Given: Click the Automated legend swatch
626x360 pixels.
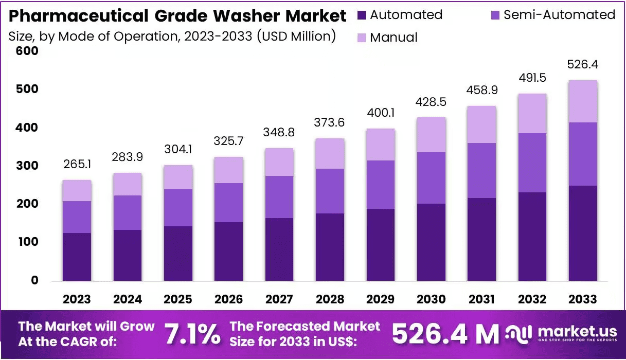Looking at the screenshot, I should click(x=362, y=15).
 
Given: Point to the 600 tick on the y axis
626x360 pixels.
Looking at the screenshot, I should click(x=28, y=51).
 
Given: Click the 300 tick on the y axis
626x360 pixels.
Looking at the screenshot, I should click(x=28, y=166).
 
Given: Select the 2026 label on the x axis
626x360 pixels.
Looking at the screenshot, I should click(x=228, y=299).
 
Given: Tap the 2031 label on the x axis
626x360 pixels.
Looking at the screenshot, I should click(x=481, y=299).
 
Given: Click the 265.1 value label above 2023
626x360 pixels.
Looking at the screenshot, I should click(x=77, y=164).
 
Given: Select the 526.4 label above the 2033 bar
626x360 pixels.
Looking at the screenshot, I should click(x=582, y=65).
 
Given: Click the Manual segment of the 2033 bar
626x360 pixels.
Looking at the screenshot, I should click(x=583, y=101).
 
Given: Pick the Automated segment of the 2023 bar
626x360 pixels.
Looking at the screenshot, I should click(x=77, y=257).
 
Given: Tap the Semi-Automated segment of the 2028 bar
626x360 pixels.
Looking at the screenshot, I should click(x=330, y=191).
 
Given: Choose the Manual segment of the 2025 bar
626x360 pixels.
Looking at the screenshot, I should click(x=178, y=177).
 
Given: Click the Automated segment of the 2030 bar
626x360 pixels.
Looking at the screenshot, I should click(x=431, y=242).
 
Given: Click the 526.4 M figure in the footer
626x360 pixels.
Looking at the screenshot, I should click(x=445, y=334).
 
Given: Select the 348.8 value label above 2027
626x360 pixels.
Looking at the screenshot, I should click(x=279, y=132).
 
